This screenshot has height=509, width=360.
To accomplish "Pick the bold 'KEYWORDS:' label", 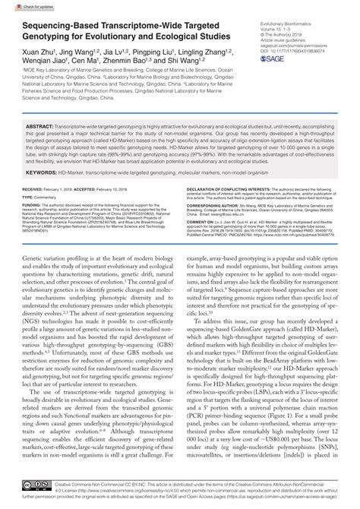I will (39, 194).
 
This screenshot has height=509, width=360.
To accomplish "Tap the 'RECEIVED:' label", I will (32, 208).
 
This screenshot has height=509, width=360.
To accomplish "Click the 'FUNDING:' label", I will (32, 226).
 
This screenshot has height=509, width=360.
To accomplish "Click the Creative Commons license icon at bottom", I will (36, 484).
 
